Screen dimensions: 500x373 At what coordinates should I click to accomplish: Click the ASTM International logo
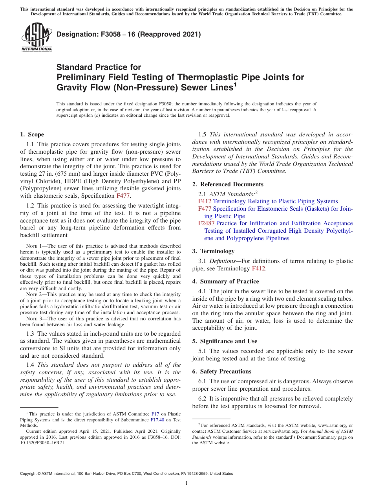37,37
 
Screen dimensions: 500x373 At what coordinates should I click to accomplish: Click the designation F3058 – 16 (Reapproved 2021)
129,34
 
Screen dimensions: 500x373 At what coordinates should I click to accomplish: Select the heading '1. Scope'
32,134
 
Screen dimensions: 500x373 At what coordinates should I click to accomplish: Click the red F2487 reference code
206,223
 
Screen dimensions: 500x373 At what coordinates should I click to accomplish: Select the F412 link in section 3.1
259,268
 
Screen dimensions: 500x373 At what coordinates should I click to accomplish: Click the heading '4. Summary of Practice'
225,281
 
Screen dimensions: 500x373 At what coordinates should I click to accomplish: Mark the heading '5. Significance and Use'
225,341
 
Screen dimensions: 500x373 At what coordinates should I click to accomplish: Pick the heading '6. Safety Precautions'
221,371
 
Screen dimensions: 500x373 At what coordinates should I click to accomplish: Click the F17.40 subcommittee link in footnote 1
157,419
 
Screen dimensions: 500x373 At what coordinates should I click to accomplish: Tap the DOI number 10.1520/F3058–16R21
42,442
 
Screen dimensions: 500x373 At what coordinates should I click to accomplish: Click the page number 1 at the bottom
186,483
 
